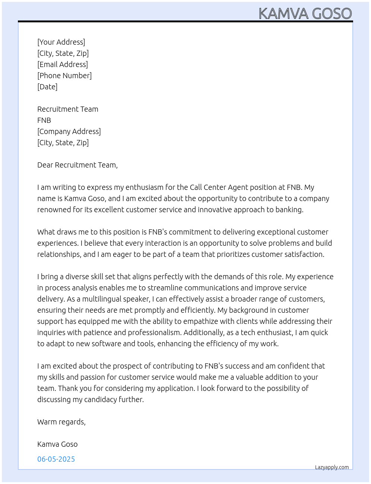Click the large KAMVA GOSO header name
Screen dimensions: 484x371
305,13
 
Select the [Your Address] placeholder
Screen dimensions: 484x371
61,42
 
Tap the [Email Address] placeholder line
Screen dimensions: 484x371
63,64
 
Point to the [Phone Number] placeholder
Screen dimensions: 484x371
64,76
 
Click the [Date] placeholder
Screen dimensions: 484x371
47,87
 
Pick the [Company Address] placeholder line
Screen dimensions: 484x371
69,131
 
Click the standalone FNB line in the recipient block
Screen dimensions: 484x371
44,120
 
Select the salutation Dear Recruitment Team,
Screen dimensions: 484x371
77,165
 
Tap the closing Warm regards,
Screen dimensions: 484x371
61,422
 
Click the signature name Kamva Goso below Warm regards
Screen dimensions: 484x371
57,444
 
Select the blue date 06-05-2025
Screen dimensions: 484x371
56,459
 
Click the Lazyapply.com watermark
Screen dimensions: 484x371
332,467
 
